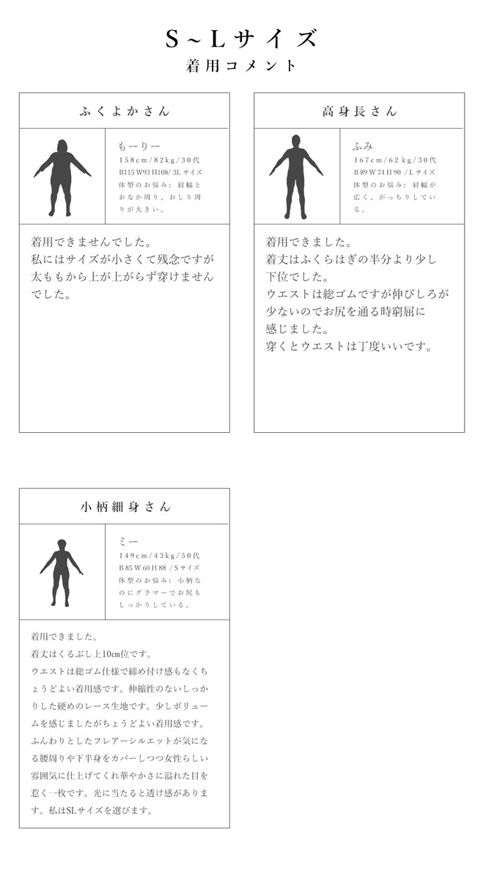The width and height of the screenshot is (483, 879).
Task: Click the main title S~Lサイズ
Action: pyautogui.click(x=241, y=39)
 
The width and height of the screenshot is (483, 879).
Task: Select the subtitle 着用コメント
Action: pyautogui.click(x=241, y=66)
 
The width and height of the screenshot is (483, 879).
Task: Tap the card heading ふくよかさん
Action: pyautogui.click(x=124, y=111)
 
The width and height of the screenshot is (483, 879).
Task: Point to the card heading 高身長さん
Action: pyautogui.click(x=359, y=111)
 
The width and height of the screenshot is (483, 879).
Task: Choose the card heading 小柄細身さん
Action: pyautogui.click(x=124, y=507)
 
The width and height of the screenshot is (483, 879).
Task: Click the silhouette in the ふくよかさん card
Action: pyautogui.click(x=62, y=178)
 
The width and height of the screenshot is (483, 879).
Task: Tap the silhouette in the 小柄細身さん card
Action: pyautogui.click(x=61, y=572)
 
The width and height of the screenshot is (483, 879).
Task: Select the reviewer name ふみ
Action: pyautogui.click(x=364, y=146)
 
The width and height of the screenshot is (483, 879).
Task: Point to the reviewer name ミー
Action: pyautogui.click(x=128, y=541)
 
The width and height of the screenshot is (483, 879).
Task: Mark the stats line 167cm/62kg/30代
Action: pyautogui.click(x=395, y=160)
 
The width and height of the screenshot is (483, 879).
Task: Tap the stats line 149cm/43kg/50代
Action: pyautogui.click(x=160, y=555)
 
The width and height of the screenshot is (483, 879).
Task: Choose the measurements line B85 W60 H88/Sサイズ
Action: pyautogui.click(x=159, y=568)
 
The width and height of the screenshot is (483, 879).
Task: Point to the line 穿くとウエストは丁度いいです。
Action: pyautogui.click(x=349, y=346)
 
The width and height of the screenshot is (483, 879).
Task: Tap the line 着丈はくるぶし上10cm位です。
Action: pyautogui.click(x=92, y=654)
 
